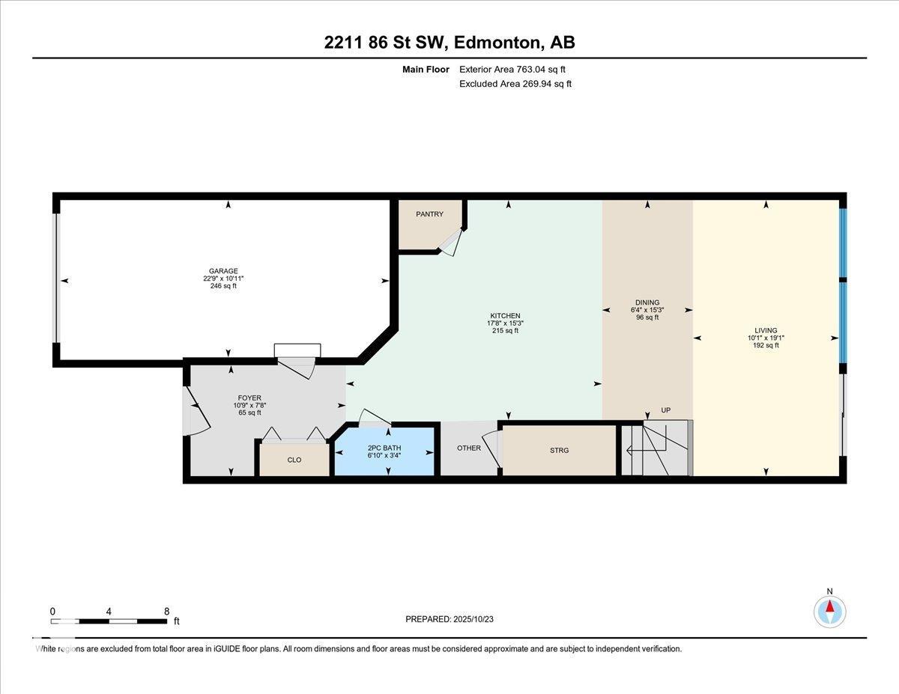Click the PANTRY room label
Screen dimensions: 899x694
tap(429, 214)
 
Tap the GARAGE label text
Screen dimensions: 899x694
tap(223, 271)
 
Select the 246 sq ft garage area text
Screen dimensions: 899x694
tap(223, 286)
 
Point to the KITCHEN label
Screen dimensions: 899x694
tap(505, 316)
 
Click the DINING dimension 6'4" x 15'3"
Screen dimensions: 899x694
tap(647, 310)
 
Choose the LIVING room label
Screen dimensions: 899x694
tap(766, 331)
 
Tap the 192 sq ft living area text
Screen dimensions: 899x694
tap(766, 346)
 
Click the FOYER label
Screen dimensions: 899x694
tap(249, 398)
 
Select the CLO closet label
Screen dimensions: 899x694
tap(294, 460)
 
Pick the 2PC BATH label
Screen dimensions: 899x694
tap(384, 448)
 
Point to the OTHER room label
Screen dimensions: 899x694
tap(469, 448)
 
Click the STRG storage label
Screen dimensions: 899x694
tap(560, 451)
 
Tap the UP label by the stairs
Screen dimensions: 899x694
tap(666, 410)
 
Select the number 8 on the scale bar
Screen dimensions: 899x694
tap(167, 612)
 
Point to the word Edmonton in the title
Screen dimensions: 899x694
tap(498, 43)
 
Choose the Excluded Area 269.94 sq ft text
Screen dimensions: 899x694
tap(515, 84)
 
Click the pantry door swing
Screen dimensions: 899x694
tap(450, 243)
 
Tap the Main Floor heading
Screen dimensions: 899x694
tap(426, 70)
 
